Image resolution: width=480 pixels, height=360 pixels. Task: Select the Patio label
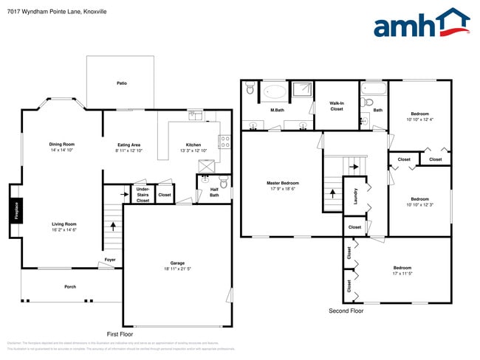tap(121, 83)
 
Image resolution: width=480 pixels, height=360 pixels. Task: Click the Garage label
tap(177, 263)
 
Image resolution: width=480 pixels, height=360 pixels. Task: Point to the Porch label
tap(70, 287)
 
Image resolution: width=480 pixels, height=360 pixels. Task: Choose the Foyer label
tap(109, 260)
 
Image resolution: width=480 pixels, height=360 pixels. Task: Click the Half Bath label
tap(214, 193)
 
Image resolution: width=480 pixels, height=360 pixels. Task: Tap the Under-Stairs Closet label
tap(143, 195)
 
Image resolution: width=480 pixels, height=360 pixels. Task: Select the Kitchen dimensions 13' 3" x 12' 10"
tap(193, 150)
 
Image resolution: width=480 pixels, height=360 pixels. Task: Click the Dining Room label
tap(62, 145)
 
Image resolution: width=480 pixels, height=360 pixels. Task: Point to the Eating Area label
tap(129, 145)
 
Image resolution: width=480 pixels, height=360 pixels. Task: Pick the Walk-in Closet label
tap(337, 106)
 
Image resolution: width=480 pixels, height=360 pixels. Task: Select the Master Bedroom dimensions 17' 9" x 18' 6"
tap(283, 189)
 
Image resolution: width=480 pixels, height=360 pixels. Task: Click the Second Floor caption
tap(346, 311)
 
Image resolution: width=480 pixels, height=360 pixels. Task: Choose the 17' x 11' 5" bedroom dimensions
tap(402, 274)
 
